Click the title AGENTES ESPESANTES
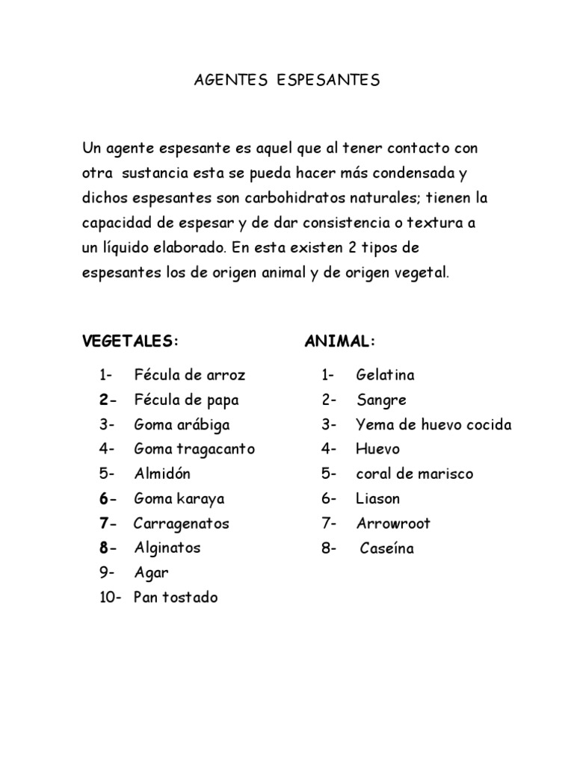point(287,80)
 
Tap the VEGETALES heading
point(130,341)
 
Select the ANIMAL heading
point(339,341)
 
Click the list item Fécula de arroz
point(189,375)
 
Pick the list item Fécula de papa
point(186,400)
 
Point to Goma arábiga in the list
point(182,424)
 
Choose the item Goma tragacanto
point(194,449)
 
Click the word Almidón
point(162,474)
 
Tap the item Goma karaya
point(179,498)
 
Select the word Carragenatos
point(182,523)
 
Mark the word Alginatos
point(167,548)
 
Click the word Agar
point(151,573)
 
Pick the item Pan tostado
point(176,598)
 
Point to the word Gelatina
point(386,375)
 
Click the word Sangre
point(381,400)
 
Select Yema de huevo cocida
point(433,425)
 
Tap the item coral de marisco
point(414,474)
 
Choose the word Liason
point(378,498)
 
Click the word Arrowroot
point(393,523)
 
